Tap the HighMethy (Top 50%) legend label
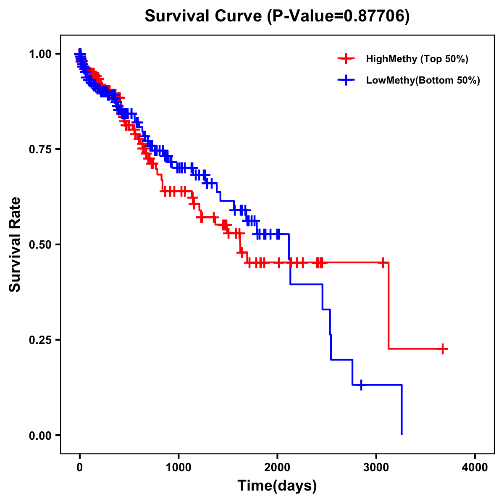coord(417,59)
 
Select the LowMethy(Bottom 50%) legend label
coord(423,80)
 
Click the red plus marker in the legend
coord(346,59)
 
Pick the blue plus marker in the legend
coord(346,80)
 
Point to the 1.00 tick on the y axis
coord(40,54)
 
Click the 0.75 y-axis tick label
coord(40,149)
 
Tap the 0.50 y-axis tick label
coord(40,244)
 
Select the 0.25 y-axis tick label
coord(40,340)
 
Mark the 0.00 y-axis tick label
coord(40,435)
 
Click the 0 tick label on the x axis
coord(80,467)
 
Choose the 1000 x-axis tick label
coord(178,467)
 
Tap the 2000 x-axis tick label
coord(278,467)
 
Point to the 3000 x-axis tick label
coord(376,467)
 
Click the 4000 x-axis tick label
coord(475,467)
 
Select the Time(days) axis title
coord(277,486)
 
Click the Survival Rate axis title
coord(15,244)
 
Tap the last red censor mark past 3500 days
coord(443,349)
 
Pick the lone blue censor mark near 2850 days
coord(361,384)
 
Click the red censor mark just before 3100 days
coord(383,262)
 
